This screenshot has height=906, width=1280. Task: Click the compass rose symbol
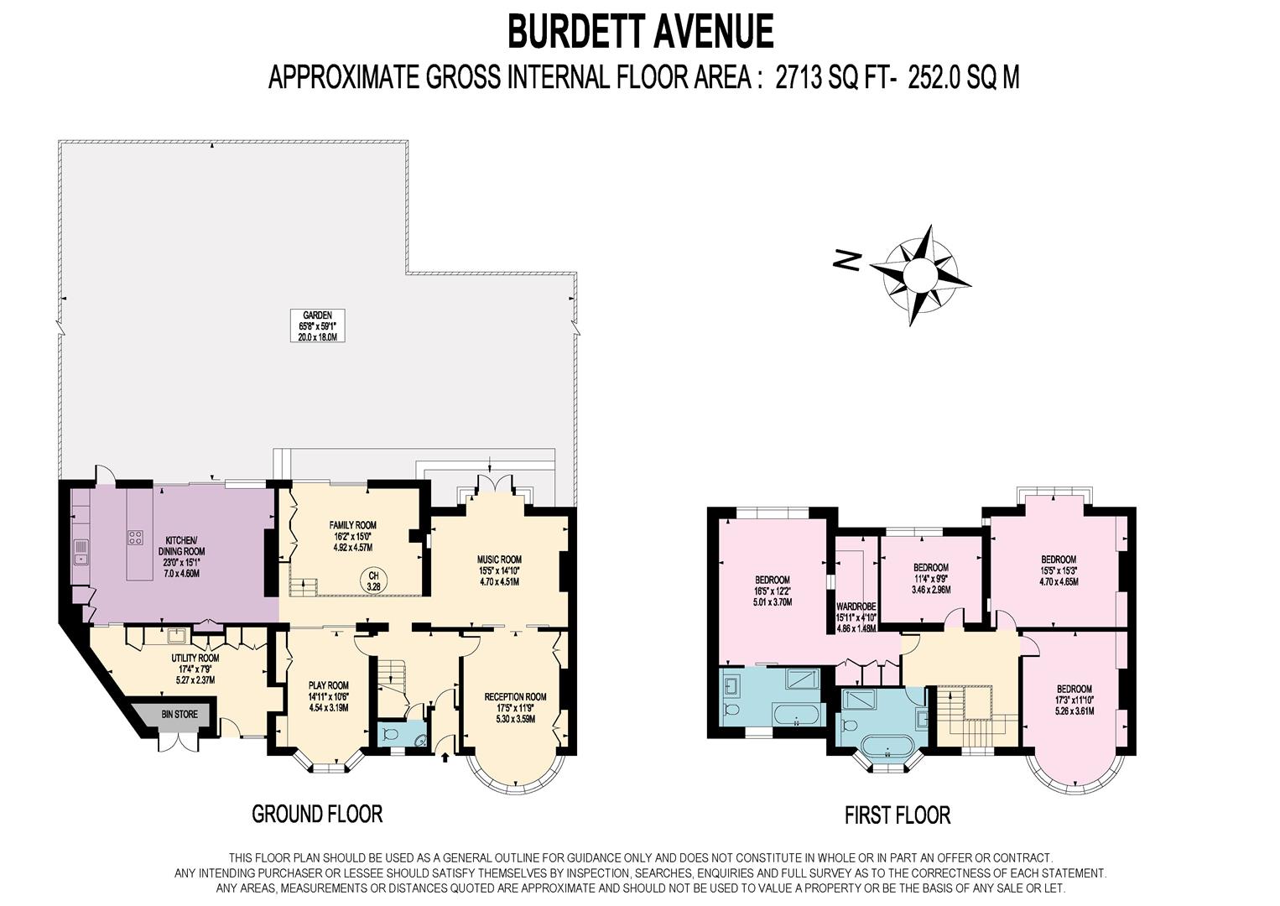point(919,275)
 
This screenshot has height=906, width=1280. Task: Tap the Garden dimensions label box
point(318,325)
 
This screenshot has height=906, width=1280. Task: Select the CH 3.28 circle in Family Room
point(373,581)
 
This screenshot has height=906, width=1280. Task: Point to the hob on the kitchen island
point(135,537)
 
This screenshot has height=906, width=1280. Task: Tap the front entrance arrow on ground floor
point(445,758)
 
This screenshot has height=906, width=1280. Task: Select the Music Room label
point(499,570)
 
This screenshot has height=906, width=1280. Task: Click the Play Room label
point(329,696)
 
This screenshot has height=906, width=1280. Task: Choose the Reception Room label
point(515,708)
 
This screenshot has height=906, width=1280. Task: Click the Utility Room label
point(195,669)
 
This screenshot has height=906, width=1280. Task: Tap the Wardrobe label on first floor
point(856,617)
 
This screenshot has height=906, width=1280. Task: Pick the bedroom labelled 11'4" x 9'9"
point(931,579)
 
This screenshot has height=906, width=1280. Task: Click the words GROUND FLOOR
point(317,814)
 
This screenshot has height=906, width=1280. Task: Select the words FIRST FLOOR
point(898,815)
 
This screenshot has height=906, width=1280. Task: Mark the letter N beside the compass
point(847,260)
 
